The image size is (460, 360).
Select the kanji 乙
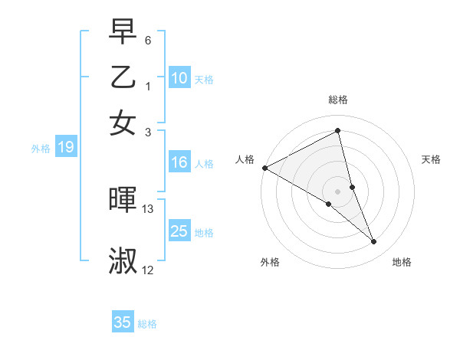coord(123,78)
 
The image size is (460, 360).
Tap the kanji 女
coord(123,123)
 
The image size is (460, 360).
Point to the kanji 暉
coord(123,201)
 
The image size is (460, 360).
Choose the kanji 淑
coord(123,260)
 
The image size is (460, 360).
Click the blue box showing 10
coord(179,78)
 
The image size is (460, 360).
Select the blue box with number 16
coord(179,162)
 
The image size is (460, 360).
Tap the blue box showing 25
coord(179,231)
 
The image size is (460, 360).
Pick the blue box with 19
coord(65,147)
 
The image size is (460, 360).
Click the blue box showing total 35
coord(123,322)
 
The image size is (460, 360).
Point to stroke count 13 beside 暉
coord(148,209)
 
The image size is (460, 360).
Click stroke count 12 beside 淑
coord(148,270)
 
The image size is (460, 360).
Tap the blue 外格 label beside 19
coord(41,149)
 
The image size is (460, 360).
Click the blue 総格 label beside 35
coord(147,324)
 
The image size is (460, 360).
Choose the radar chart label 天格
coord(432,159)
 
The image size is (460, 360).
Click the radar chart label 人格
coord(245,159)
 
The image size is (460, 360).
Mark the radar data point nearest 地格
coord(374,242)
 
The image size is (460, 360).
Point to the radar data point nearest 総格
coord(338,130)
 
